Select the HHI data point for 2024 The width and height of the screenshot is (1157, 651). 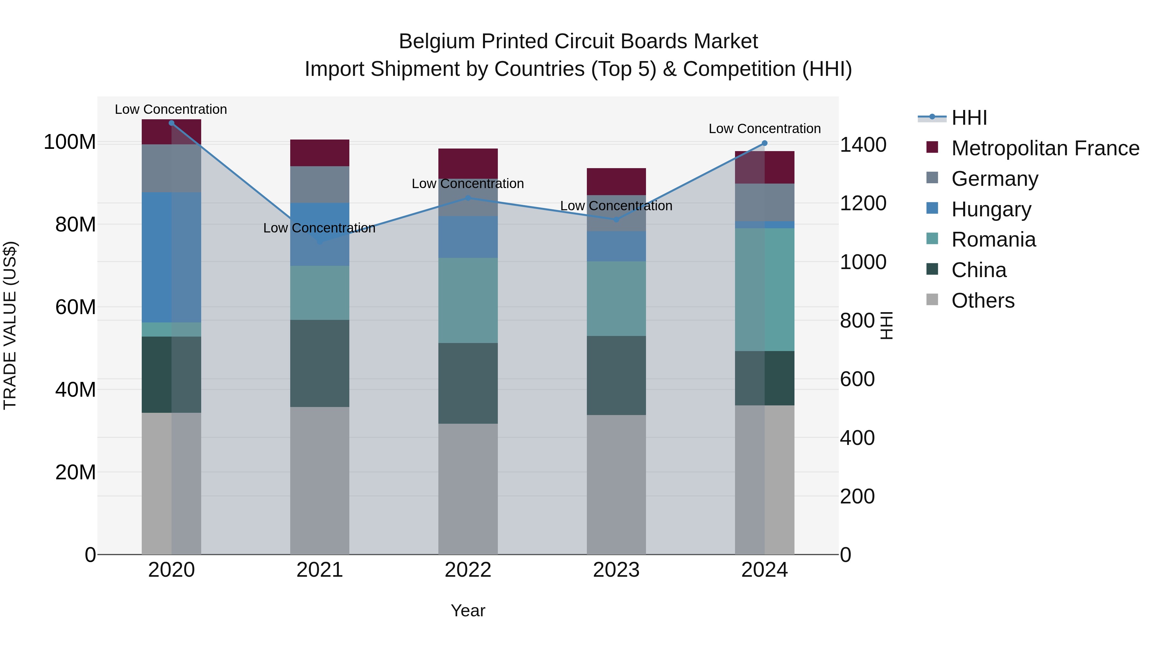765,143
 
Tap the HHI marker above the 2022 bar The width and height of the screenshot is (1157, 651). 468,198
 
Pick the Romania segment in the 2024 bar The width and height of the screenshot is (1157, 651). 765,289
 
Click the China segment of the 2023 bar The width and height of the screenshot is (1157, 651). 616,375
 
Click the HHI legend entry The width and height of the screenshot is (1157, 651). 969,118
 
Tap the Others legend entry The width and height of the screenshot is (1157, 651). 983,301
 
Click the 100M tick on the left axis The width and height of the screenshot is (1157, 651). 70,142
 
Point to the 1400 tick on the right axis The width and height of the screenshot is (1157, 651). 863,145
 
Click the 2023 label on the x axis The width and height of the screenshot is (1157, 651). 616,570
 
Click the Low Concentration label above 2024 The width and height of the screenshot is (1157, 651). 765,129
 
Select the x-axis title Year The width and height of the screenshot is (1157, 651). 468,610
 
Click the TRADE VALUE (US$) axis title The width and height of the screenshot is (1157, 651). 10,325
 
